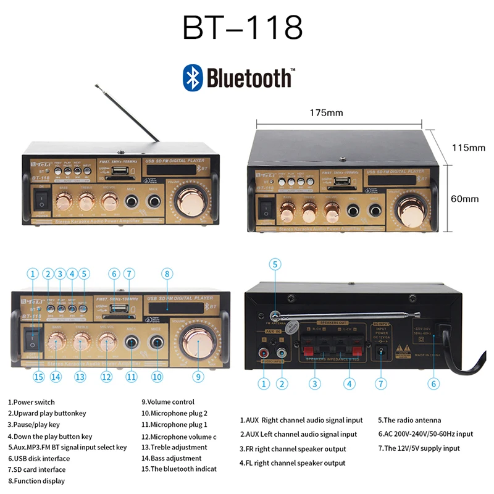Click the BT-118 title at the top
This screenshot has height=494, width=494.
(242, 28)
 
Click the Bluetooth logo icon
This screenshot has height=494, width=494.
(193, 78)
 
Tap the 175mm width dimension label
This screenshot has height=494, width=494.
(343, 112)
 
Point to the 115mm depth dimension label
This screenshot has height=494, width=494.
(468, 148)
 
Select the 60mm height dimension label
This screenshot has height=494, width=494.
(464, 198)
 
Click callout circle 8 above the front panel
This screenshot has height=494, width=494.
(166, 274)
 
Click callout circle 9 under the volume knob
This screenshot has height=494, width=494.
(198, 376)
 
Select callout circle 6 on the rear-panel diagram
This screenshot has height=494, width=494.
(433, 383)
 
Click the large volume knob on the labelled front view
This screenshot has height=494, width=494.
(198, 340)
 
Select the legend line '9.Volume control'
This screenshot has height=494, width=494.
(167, 402)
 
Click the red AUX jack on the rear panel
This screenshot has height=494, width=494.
(264, 354)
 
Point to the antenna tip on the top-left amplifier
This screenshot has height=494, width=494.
(96, 85)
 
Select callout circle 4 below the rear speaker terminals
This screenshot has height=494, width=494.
(350, 383)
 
